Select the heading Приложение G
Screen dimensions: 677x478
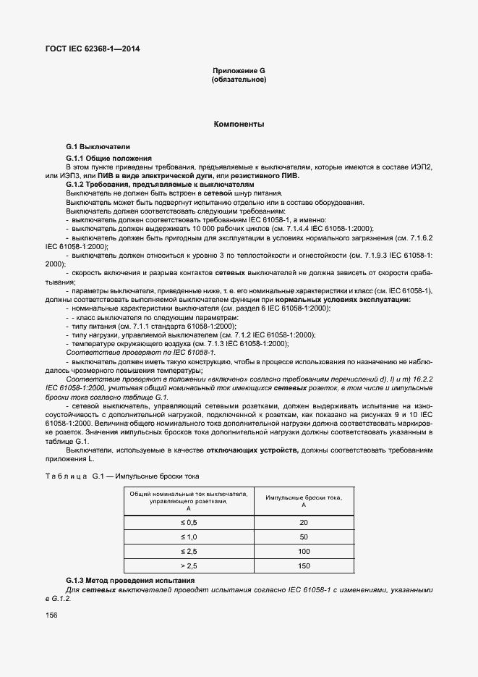point(239,70)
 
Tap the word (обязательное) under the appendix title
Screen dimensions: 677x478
point(239,79)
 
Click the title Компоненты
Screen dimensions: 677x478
point(239,125)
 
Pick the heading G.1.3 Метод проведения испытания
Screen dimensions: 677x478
point(130,581)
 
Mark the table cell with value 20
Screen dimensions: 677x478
point(303,523)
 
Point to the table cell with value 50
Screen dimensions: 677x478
point(303,537)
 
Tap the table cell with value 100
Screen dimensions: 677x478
point(303,552)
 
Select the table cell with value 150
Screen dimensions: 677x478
point(303,566)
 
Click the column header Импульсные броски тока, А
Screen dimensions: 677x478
point(303,501)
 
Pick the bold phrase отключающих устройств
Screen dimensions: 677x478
point(250,450)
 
